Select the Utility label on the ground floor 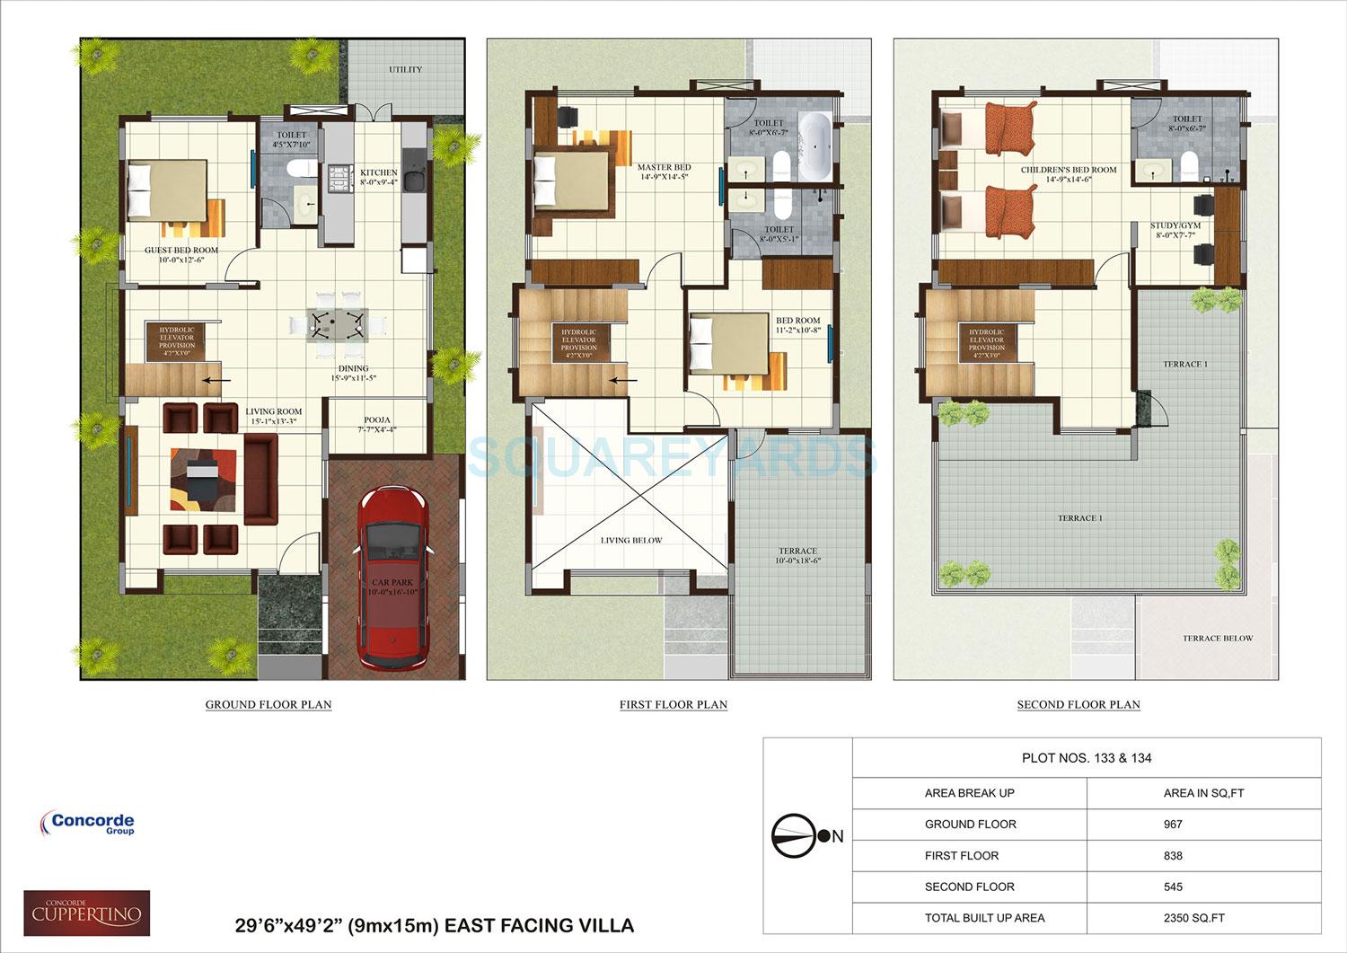click(405, 69)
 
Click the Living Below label click(631, 540)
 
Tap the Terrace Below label click(1217, 639)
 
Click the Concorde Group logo click(87, 823)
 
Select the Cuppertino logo click(86, 913)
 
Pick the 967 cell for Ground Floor click(1173, 824)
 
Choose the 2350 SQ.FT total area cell click(1193, 918)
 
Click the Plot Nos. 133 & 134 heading click(1087, 758)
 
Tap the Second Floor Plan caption click(1078, 705)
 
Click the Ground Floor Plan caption click(269, 705)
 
